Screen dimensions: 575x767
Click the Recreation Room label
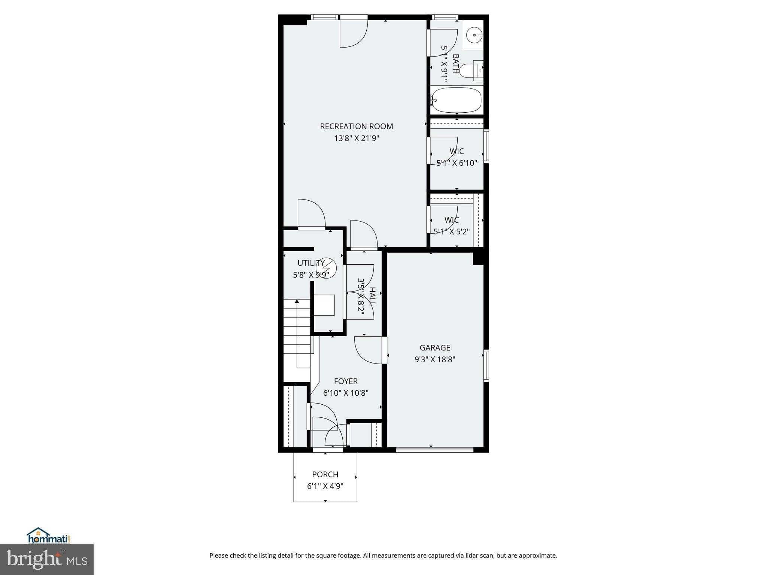(356, 127)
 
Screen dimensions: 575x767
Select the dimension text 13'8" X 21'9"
(356, 139)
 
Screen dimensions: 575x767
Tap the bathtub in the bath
(456, 100)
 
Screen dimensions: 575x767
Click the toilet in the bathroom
(469, 70)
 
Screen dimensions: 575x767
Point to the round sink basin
(475, 35)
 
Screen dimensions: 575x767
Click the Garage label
(434, 348)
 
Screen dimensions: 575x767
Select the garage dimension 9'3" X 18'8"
(434, 360)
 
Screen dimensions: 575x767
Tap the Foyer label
(345, 381)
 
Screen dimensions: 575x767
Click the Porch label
(325, 475)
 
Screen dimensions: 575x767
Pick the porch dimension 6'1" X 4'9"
(325, 487)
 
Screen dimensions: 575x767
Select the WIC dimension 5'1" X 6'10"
(457, 163)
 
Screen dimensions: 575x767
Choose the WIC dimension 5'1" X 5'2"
(451, 232)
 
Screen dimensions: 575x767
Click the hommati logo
(49, 536)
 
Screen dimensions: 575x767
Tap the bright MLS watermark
(46, 559)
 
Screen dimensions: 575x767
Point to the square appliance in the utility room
(324, 305)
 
